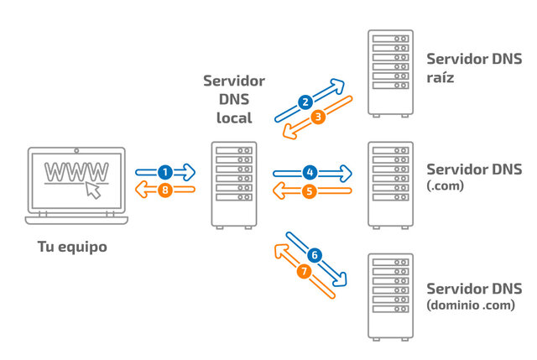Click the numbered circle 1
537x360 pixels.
point(165,171)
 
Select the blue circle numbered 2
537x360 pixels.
point(305,102)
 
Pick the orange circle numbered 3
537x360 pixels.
point(318,118)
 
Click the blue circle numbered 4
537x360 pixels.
point(310,172)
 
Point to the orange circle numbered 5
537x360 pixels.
point(310,190)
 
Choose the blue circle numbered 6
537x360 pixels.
point(315,254)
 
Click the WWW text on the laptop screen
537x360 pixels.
point(76,170)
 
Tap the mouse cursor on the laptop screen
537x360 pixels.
point(92,190)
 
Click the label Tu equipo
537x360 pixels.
point(72,248)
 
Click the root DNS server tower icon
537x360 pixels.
point(390,73)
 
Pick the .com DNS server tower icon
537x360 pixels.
point(390,185)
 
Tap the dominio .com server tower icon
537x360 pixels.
point(390,295)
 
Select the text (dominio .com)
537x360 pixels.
point(470,305)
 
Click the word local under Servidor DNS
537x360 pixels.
point(234,117)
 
